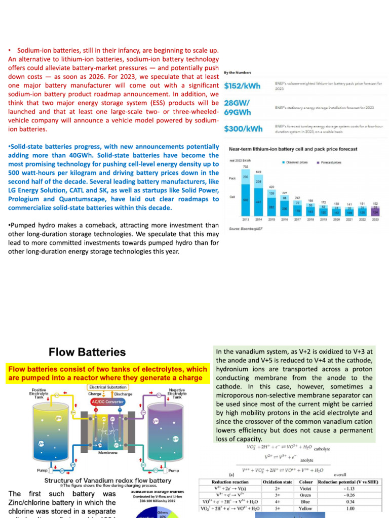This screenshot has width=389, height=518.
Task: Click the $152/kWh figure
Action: [242, 86]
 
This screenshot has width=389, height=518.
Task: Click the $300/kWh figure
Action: [243, 128]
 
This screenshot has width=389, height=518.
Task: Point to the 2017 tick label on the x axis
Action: [298, 220]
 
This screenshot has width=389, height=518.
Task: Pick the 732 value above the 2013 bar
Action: [246, 167]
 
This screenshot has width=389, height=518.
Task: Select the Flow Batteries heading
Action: [87, 352]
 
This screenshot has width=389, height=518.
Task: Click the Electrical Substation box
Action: [108, 387]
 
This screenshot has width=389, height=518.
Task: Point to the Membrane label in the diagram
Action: [108, 453]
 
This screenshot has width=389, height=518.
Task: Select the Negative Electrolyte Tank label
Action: [177, 394]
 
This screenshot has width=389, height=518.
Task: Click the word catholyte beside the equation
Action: [322, 448]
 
